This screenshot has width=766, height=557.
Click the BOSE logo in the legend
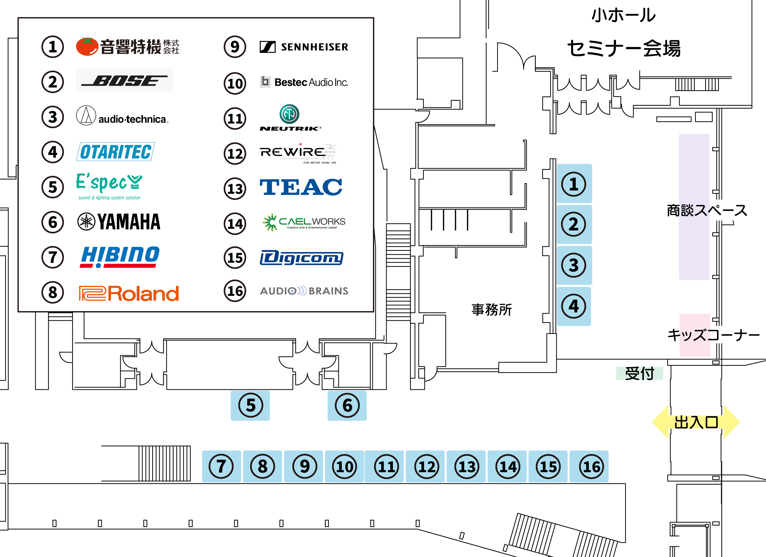[124, 80]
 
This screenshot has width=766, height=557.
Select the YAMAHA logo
[119, 222]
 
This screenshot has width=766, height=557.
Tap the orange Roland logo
[129, 293]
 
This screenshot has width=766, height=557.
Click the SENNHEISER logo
[304, 47]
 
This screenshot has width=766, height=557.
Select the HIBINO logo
[120, 257]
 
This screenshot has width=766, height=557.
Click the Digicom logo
[301, 258]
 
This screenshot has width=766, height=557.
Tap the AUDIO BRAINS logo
[304, 291]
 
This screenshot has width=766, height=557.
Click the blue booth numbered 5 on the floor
[250, 405]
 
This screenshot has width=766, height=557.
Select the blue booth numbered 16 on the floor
[589, 466]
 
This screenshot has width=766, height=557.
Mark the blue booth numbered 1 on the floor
[574, 184]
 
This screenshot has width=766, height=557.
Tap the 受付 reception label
[639, 373]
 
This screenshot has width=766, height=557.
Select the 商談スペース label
[707, 210]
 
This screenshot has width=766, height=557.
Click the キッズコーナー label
[713, 335]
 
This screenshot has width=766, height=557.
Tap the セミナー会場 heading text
[623, 48]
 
